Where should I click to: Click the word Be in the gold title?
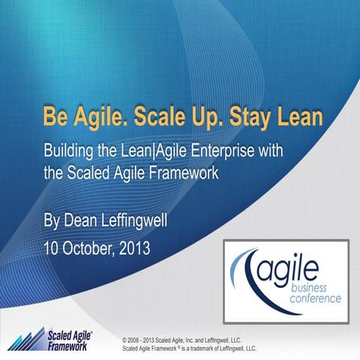click(56, 118)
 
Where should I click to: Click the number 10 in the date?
click(53, 246)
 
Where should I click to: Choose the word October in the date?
click(93, 246)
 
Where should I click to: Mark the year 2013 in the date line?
click(142, 246)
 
